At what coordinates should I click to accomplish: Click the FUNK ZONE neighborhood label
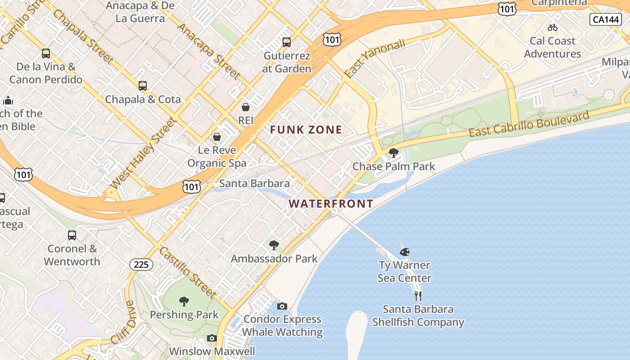(306, 130)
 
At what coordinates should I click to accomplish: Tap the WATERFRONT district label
(331, 204)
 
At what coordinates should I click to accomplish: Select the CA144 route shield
(605, 19)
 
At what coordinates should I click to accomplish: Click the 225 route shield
(141, 265)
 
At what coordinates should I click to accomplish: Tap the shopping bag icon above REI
(246, 107)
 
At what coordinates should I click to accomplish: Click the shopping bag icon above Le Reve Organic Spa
(217, 136)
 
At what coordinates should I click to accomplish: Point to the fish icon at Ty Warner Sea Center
(405, 252)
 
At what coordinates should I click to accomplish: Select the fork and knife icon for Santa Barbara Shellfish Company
(418, 296)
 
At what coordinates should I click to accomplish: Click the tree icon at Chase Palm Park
(393, 153)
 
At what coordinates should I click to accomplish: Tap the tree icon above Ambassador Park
(274, 245)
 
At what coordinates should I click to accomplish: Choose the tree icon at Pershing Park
(184, 301)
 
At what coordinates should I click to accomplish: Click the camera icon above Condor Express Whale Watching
(282, 306)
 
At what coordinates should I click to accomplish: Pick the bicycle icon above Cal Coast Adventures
(553, 27)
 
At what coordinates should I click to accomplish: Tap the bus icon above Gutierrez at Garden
(287, 42)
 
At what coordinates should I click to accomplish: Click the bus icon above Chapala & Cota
(143, 85)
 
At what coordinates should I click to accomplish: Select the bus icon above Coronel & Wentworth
(72, 235)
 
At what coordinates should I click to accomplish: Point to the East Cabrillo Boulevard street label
(529, 124)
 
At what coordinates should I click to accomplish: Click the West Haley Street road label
(142, 153)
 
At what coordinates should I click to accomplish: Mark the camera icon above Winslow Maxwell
(212, 338)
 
